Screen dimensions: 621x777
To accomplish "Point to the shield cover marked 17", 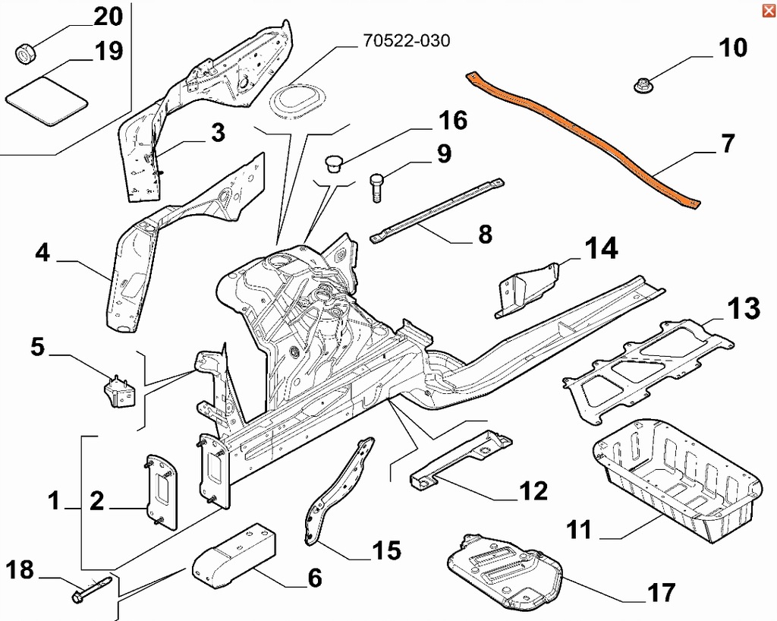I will pos(505,569).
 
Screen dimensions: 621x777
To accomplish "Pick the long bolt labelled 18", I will pos(91,588).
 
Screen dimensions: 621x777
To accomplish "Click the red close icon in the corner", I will pos(768,9).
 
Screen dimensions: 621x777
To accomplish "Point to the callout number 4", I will pos(42,253).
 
